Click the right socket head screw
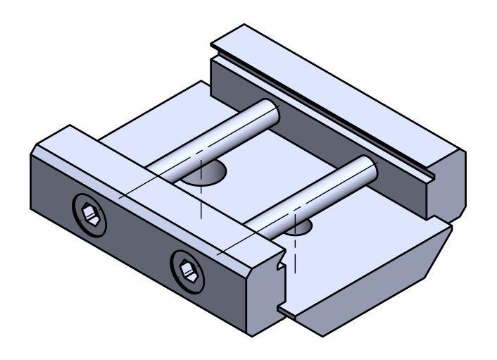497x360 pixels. [x=187, y=269]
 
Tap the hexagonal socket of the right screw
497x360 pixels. [x=187, y=269]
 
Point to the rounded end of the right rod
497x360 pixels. [x=367, y=166]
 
